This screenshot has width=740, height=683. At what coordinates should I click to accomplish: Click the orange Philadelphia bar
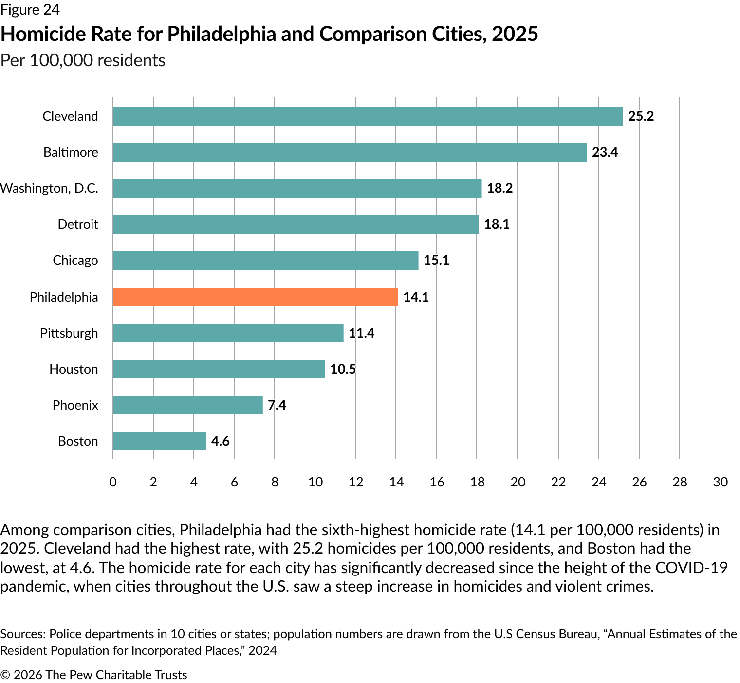[255, 297]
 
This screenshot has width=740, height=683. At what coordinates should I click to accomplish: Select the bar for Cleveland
[368, 116]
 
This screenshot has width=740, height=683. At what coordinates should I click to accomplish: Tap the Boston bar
[159, 441]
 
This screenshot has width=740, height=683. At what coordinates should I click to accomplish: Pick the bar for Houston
[219, 369]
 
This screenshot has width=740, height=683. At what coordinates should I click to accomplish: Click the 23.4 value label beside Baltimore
[605, 152]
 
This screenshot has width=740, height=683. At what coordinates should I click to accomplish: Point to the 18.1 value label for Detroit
[497, 224]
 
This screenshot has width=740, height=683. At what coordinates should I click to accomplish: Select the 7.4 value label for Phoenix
[277, 405]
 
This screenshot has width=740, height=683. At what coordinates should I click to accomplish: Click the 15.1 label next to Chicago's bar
[436, 260]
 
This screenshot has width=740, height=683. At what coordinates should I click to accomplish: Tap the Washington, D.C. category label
[49, 188]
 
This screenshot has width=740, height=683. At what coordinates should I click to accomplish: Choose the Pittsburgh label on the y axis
[69, 333]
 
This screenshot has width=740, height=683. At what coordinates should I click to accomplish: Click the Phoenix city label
[75, 405]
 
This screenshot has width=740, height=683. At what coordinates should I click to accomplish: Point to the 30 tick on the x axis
[720, 482]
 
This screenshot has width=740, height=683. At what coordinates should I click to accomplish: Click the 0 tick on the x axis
[113, 482]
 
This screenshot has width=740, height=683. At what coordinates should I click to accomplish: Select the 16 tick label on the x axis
[437, 482]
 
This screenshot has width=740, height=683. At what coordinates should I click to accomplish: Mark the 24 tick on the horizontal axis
[598, 482]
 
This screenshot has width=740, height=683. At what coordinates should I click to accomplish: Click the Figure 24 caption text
[30, 10]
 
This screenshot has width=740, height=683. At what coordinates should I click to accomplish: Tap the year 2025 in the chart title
[515, 34]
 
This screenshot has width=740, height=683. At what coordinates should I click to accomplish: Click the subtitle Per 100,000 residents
[83, 60]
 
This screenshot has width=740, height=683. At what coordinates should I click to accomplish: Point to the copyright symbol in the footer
[5, 675]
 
